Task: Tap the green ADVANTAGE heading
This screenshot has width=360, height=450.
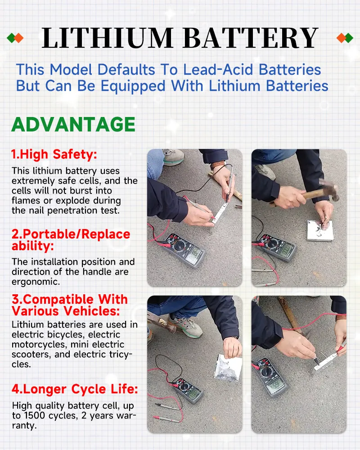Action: [73, 124]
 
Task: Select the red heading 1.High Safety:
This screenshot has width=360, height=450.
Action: [54, 155]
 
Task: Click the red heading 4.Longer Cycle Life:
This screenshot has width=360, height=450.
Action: [75, 389]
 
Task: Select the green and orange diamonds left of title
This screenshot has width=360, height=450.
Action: [15, 38]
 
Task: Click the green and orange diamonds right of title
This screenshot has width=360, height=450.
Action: [344, 38]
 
